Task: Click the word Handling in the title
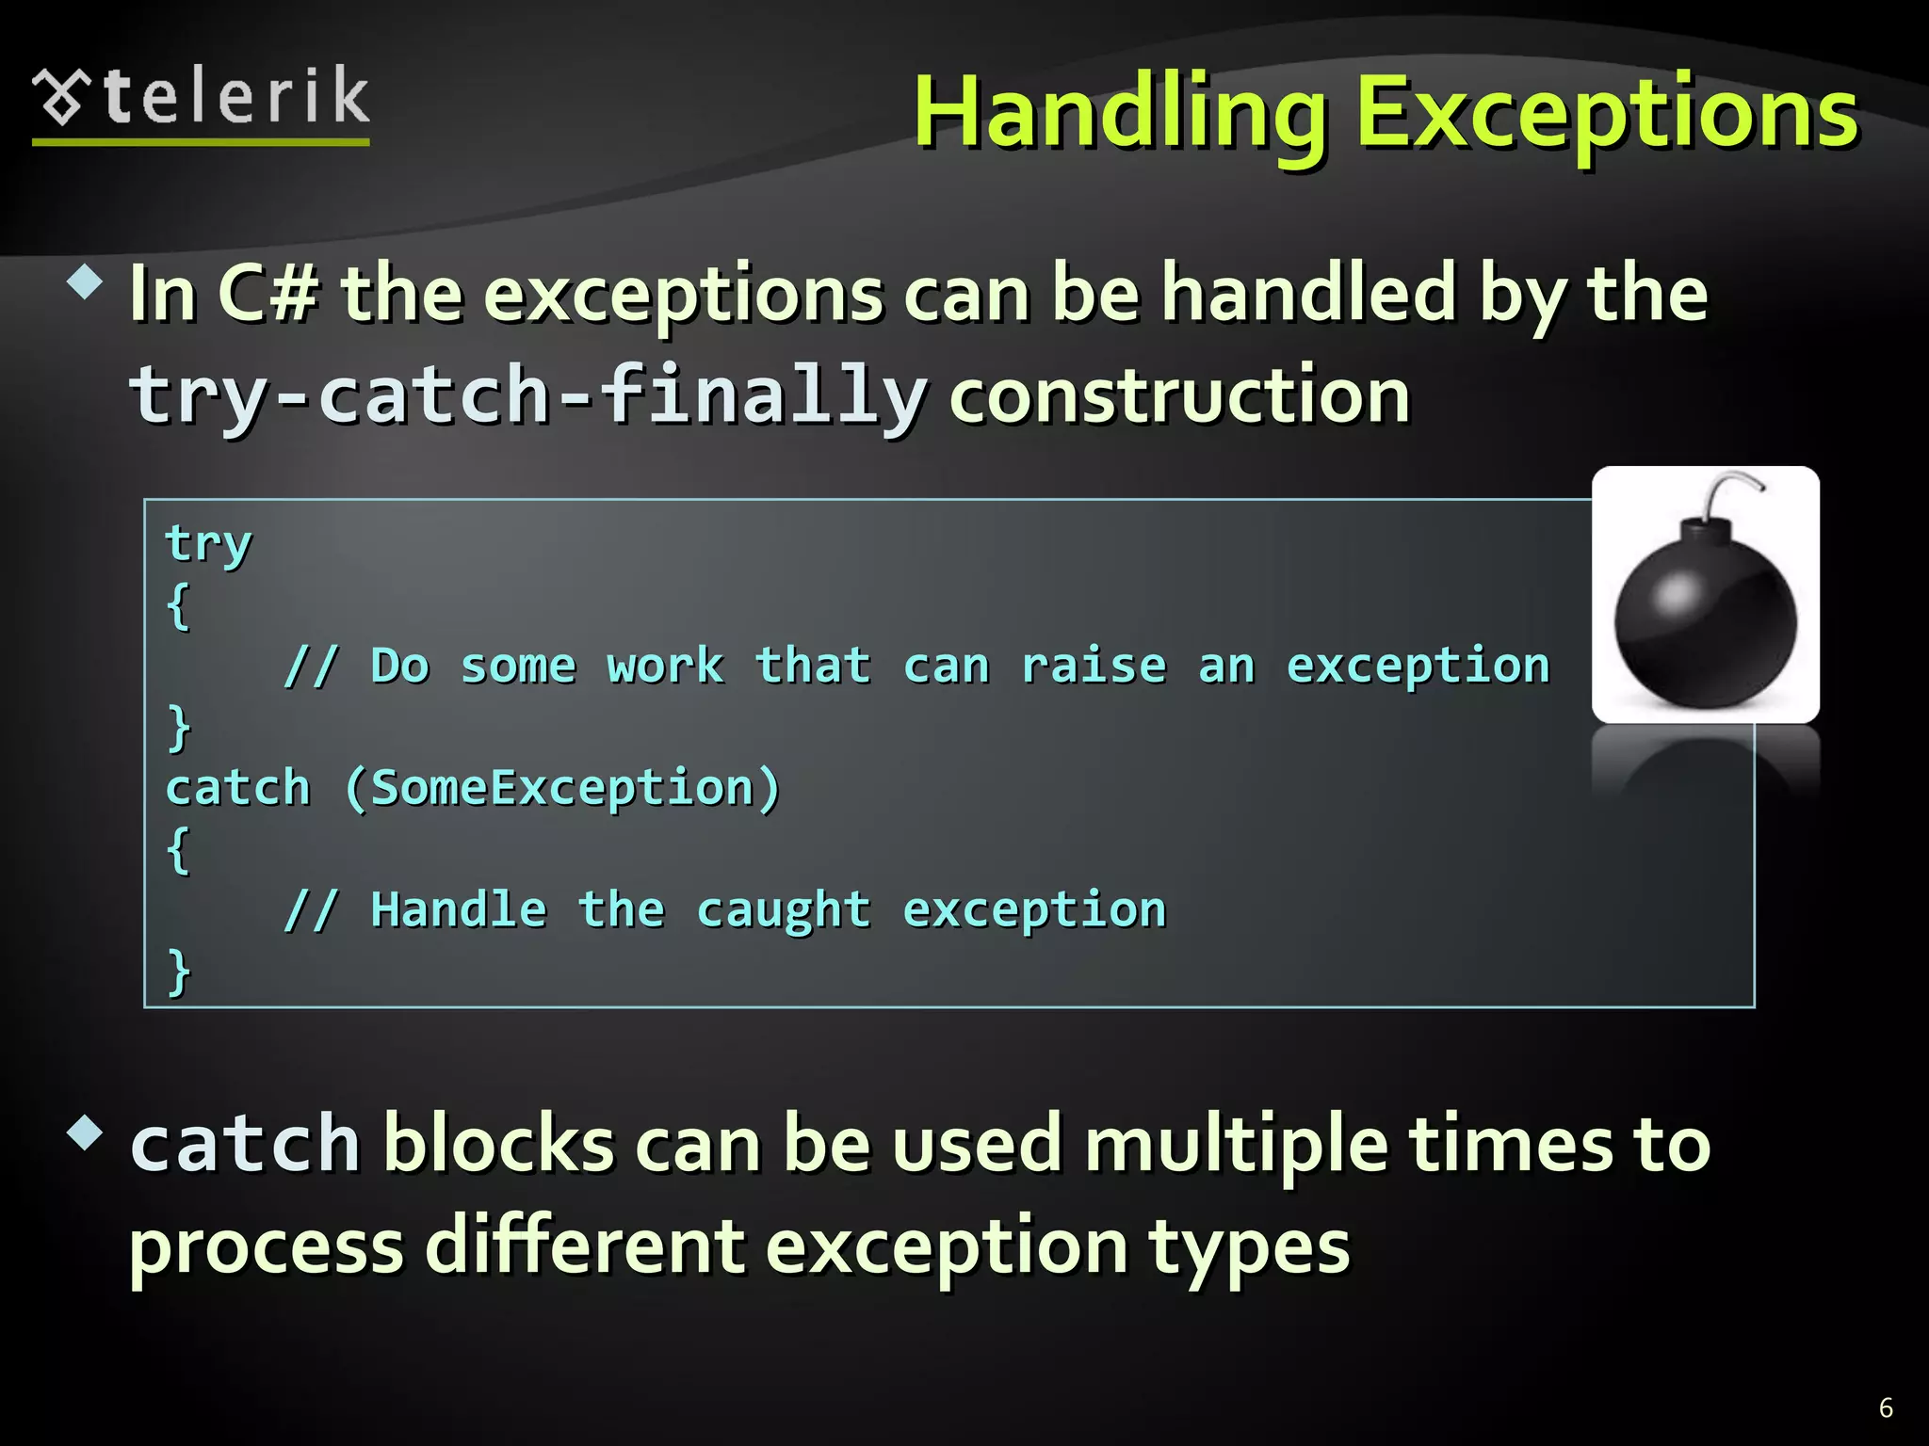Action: [1121, 115]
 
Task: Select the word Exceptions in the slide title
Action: [1606, 115]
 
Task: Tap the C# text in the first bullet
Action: [268, 294]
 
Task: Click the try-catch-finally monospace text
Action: [527, 395]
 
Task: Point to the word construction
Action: [1179, 395]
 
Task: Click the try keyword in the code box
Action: [208, 543]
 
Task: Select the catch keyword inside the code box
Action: [237, 787]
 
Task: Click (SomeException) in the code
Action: [562, 787]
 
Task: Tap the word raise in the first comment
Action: [1094, 666]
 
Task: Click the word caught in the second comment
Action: [784, 909]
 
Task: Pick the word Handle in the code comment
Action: [459, 909]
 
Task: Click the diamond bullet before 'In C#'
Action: [86, 281]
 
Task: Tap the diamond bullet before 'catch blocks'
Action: [86, 1133]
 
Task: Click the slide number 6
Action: [1886, 1407]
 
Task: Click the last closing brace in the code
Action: [178, 971]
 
